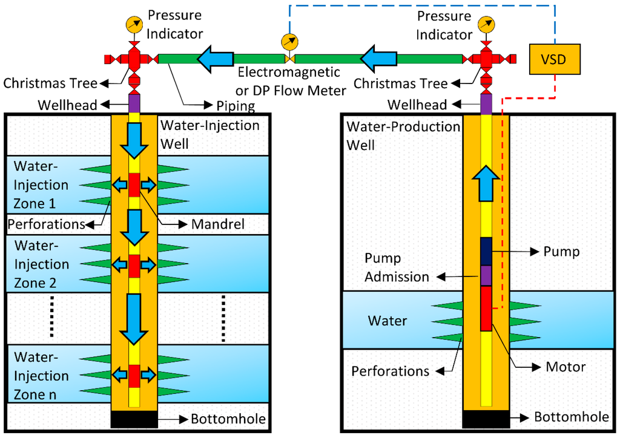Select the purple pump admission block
[486, 275]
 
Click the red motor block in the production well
[486, 309]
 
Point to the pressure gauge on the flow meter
[289, 42]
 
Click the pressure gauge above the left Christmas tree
[134, 24]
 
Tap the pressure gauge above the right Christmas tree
[485, 24]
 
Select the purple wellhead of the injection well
[134, 102]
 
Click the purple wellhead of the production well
[486, 102]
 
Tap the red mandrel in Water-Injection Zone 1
[134, 185]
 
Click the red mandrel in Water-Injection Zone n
[134, 376]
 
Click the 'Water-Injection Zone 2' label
[41, 264]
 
